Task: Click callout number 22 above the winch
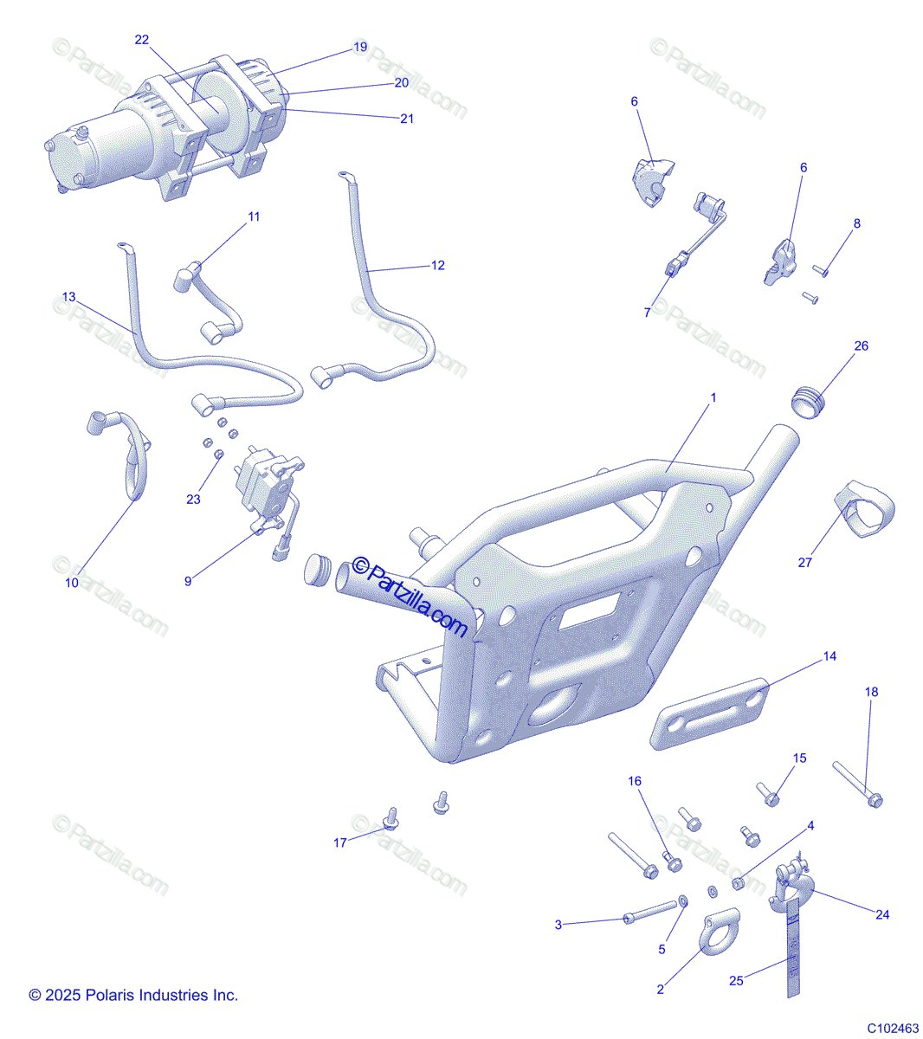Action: [141, 40]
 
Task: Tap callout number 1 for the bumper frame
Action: [713, 397]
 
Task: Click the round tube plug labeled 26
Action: [809, 403]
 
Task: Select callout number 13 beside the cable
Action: [68, 297]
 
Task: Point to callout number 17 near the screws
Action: [340, 842]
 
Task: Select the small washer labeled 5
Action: [683, 901]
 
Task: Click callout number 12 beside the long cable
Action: [437, 266]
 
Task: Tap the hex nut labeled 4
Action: [738, 883]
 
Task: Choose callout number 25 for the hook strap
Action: [736, 980]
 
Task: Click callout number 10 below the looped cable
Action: [72, 583]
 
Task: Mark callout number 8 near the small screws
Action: [857, 223]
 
